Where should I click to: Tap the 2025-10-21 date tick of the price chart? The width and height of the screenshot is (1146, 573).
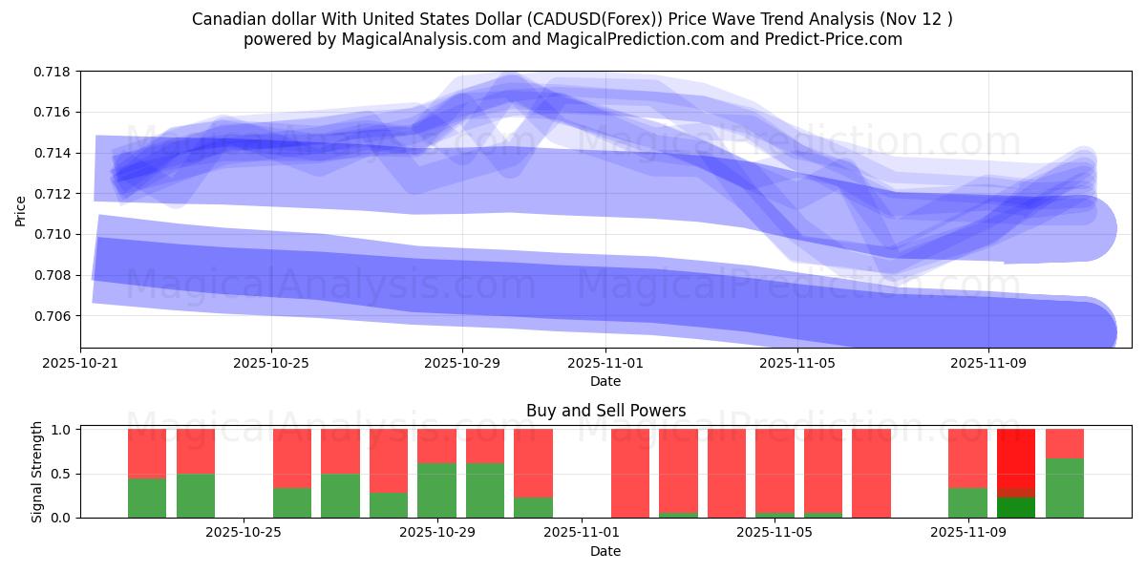tap(80, 363)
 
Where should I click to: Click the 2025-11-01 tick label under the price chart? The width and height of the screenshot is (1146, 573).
tap(605, 363)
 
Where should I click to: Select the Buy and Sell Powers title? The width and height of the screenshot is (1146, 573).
tap(605, 412)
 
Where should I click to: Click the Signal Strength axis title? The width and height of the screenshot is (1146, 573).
tap(37, 472)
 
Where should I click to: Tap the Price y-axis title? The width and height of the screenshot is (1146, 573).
tap(21, 210)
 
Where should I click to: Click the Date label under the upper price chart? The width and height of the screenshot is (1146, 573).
tap(605, 381)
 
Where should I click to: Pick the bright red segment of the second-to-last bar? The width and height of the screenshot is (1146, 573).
tap(1016, 458)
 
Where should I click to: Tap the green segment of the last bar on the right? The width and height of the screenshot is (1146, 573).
tap(1065, 488)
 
